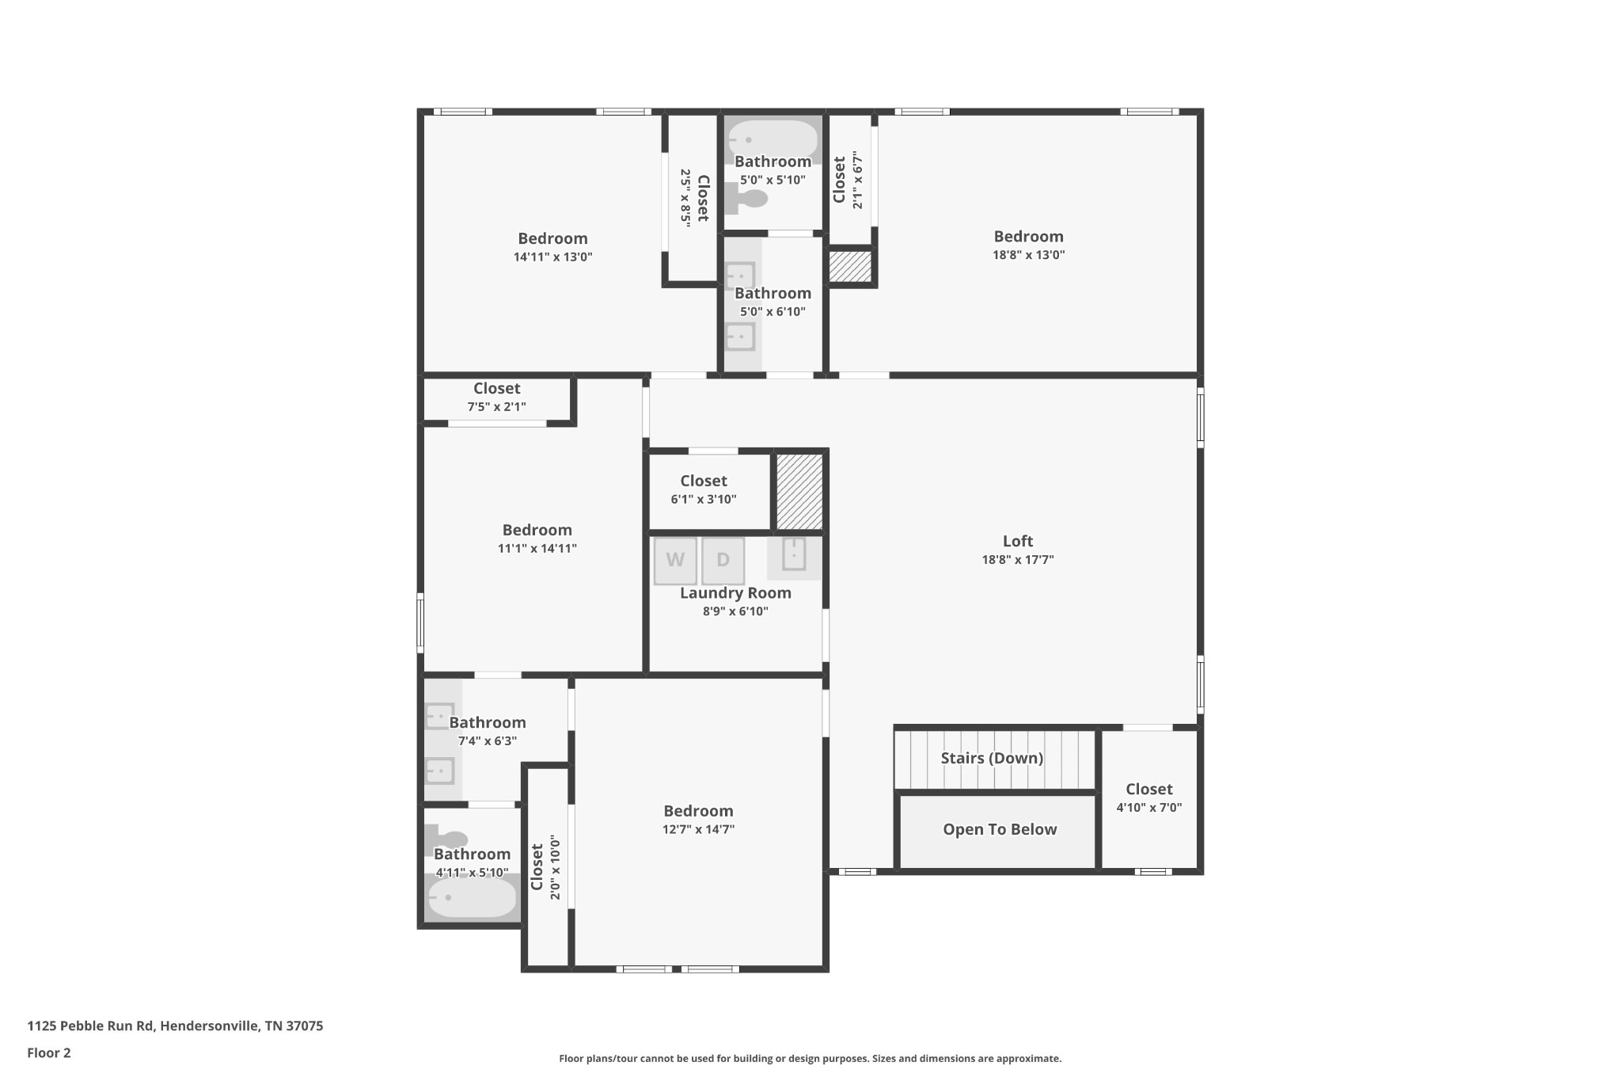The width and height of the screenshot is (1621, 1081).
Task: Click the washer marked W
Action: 675,561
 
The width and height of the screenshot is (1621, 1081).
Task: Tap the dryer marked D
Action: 723,561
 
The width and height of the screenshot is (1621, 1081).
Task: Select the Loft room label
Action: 1018,541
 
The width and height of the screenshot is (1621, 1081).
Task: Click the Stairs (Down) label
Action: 992,758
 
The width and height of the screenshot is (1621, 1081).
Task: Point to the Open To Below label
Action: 1000,829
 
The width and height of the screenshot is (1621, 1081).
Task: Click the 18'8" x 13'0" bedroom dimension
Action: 1029,255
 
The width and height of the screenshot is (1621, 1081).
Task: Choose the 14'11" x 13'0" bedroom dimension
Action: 552,257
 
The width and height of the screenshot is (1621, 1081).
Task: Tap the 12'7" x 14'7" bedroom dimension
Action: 699,829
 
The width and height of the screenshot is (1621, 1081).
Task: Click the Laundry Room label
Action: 735,592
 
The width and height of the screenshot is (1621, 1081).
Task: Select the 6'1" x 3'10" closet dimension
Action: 704,499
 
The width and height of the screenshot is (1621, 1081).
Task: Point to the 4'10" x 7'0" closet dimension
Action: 1149,808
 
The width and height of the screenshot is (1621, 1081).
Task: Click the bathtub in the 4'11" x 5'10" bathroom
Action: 473,898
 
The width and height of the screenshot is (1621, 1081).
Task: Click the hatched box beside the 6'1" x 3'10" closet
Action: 799,491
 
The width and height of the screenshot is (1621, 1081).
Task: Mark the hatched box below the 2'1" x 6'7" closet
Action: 850,266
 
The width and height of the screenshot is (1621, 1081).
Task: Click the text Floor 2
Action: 49,1052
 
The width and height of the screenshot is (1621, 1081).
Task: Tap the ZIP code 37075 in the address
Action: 304,1026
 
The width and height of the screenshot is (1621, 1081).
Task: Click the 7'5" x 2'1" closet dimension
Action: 496,407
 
